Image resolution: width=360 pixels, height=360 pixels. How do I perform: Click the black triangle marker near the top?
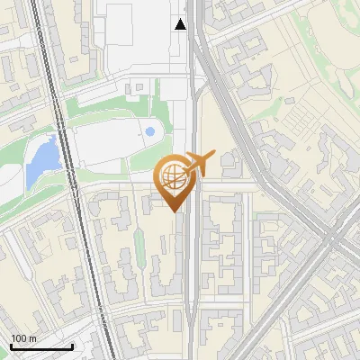click(181, 24)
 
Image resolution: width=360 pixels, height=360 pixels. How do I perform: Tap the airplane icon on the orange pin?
click(195, 166)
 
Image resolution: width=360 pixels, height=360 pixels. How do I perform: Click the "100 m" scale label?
click(24, 338)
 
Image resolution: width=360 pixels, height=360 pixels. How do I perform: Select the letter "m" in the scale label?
click(32, 338)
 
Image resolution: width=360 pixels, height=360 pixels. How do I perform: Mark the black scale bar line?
click(41, 346)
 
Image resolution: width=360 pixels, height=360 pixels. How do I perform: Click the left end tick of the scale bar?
click(11, 345)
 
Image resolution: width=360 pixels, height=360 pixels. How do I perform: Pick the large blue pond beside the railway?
click(41, 158)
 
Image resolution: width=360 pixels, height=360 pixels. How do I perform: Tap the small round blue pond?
click(149, 131)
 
